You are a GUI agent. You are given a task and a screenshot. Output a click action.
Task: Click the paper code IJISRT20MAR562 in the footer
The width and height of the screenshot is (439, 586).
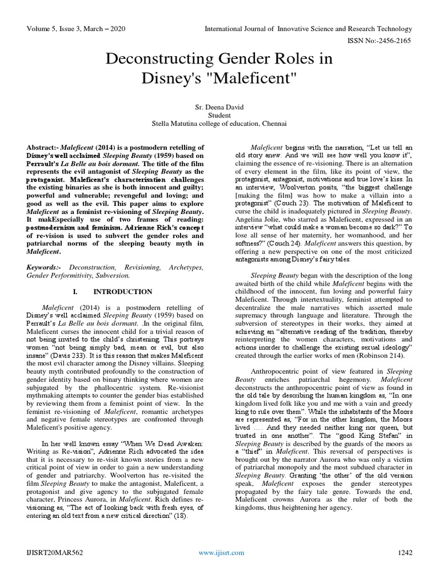coord(55,553)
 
